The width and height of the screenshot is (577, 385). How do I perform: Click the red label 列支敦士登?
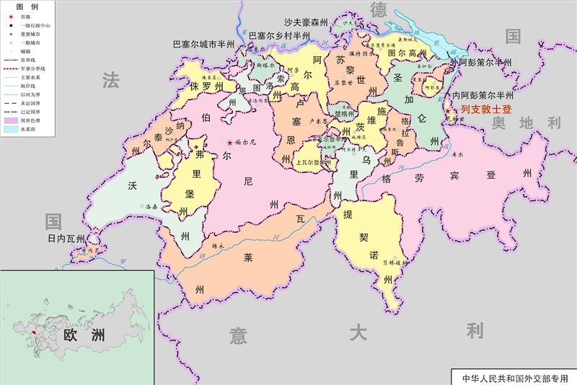[x=486, y=110]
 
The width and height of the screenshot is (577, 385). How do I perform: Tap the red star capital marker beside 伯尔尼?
[x=230, y=143]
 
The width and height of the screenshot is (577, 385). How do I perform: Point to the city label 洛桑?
[x=151, y=206]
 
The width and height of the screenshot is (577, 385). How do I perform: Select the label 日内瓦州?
[x=66, y=239]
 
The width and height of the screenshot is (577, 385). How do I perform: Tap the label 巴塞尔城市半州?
[x=203, y=44]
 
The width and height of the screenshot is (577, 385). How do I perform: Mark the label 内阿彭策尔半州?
[x=483, y=95]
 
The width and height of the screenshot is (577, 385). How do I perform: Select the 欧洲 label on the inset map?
[x=84, y=335]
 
